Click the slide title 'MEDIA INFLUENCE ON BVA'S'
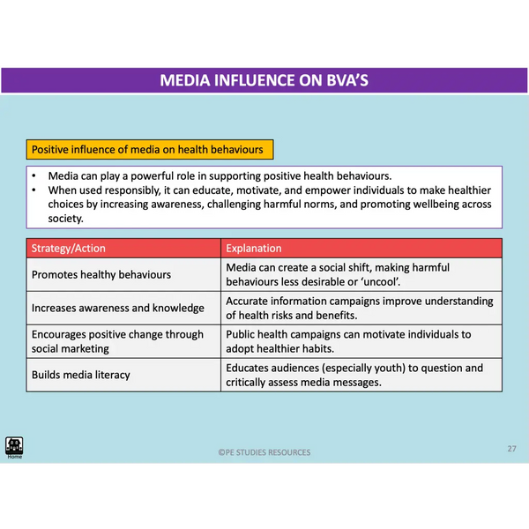pos(264,81)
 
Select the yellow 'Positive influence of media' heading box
pos(147,150)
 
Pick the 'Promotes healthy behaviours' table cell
pos(101,274)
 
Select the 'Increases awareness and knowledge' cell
pos(118,308)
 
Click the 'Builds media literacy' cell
pos(81,375)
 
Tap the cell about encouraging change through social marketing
pos(117,341)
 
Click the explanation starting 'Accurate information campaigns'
pos(360,308)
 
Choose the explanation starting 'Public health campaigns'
pos(349,341)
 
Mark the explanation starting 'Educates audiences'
pos(354,375)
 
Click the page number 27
pos(511,449)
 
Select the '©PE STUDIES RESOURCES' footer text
pos(264,452)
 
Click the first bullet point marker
pos(33,176)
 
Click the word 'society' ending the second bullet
pos(65,218)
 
